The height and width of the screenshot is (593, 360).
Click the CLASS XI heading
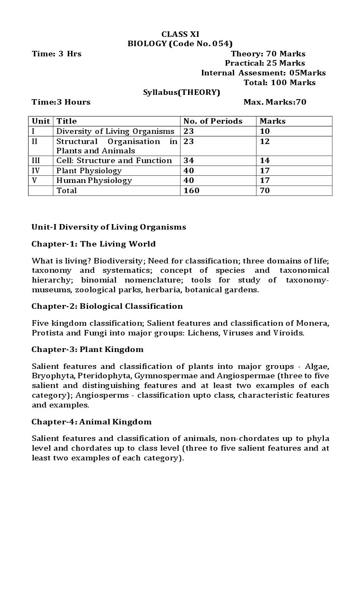(x=180, y=34)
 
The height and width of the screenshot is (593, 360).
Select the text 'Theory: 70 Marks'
(x=268, y=54)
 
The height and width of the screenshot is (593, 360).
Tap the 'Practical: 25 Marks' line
(x=265, y=63)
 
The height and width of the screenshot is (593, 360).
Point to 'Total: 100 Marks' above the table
(x=279, y=83)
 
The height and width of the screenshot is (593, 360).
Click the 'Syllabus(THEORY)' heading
(x=181, y=92)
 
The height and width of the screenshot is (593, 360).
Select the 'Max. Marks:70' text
(x=274, y=102)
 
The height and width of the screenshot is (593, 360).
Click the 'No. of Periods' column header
(x=213, y=121)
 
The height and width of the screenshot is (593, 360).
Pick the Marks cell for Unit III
(x=265, y=161)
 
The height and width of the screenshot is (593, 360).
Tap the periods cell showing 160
(x=191, y=191)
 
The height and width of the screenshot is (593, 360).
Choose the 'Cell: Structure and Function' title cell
(x=114, y=161)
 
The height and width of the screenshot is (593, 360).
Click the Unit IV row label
(x=36, y=171)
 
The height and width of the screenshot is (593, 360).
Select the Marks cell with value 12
(x=265, y=141)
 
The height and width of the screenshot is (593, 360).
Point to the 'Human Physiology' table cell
(x=94, y=180)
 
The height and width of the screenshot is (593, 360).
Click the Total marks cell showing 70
(x=265, y=191)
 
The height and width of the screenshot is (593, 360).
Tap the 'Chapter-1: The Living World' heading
(x=94, y=244)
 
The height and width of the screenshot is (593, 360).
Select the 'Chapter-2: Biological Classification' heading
(x=107, y=306)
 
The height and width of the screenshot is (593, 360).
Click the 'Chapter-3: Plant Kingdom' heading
(x=87, y=349)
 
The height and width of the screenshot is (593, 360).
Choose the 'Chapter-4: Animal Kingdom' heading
(x=91, y=422)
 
